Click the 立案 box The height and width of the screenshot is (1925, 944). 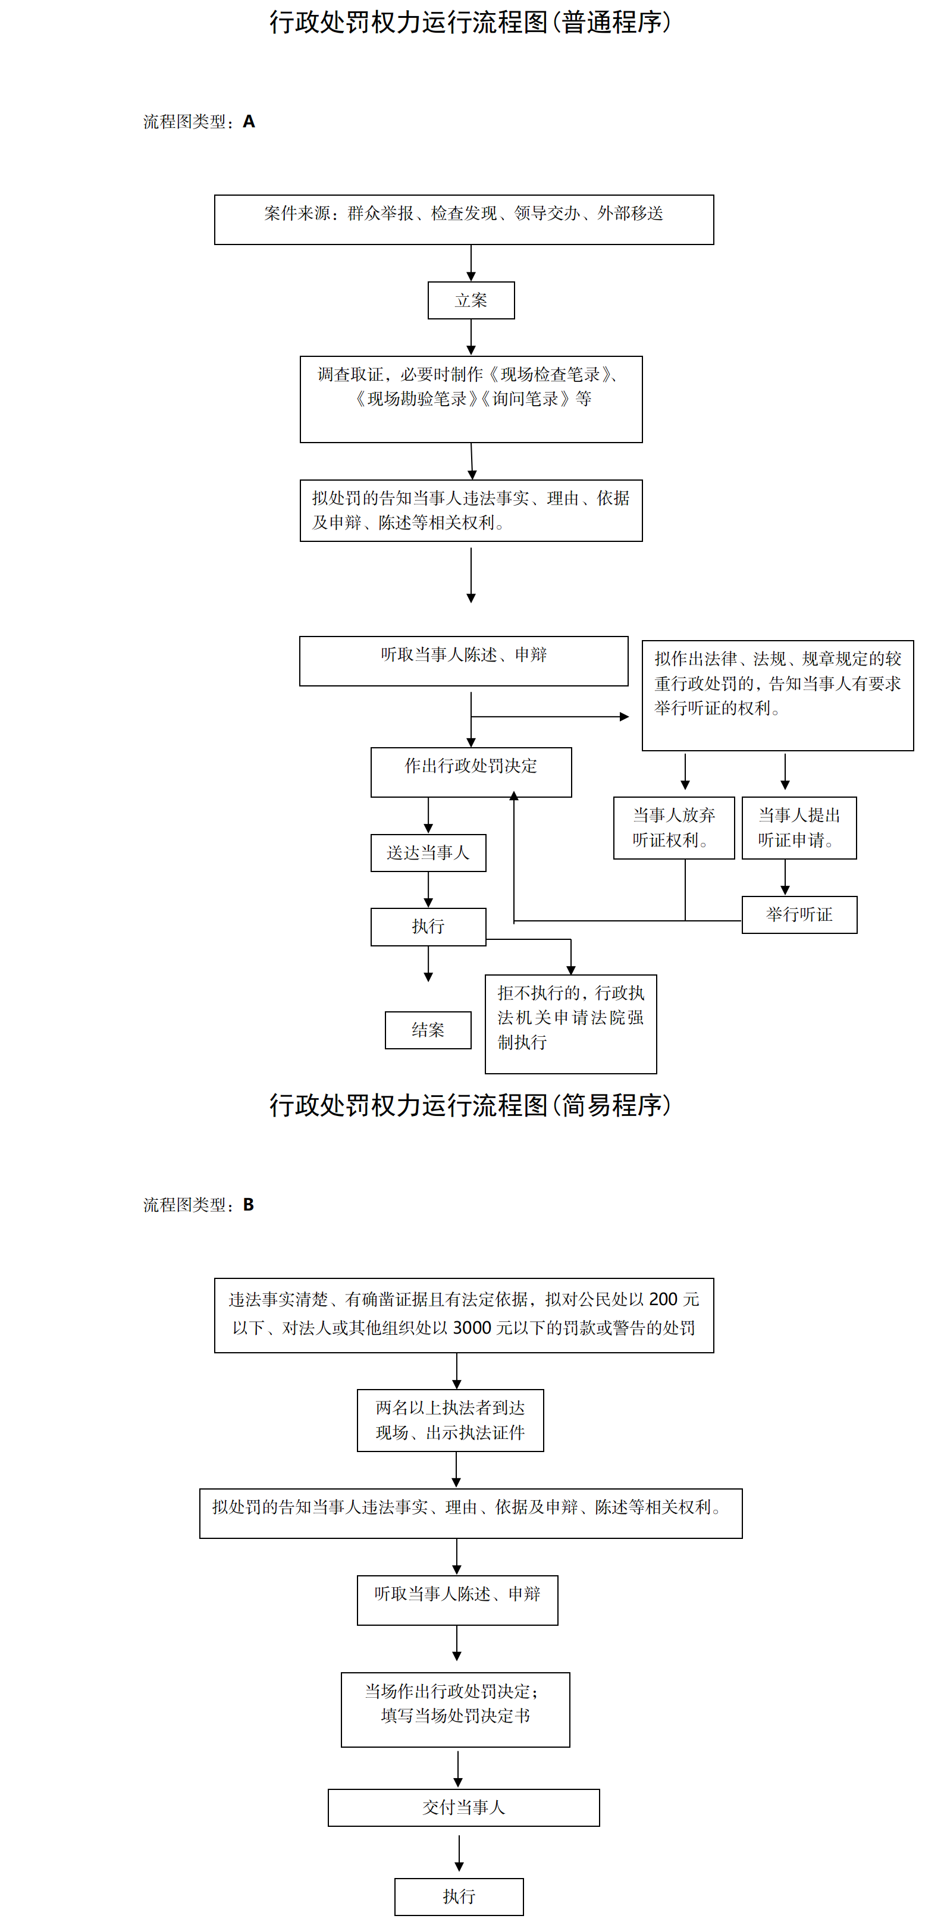(471, 300)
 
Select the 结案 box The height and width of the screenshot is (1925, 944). (428, 1030)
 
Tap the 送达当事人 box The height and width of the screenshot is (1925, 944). (428, 852)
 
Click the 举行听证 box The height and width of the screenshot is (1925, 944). (799, 915)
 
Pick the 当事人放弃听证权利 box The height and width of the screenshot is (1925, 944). (673, 828)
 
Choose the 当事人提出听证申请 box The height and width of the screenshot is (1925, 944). (799, 828)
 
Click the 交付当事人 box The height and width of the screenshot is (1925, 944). (463, 1808)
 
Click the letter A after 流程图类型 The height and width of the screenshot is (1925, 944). (249, 122)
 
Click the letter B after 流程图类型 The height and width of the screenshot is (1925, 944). (248, 1205)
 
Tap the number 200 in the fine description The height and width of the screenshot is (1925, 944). (663, 1300)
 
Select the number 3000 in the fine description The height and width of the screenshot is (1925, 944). (472, 1328)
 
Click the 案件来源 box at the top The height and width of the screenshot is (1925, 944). (463, 220)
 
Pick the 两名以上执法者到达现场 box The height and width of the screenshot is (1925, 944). (450, 1420)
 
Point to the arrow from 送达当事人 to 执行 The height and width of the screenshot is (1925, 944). (428, 889)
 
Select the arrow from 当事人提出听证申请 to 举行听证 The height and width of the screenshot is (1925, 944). (785, 877)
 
